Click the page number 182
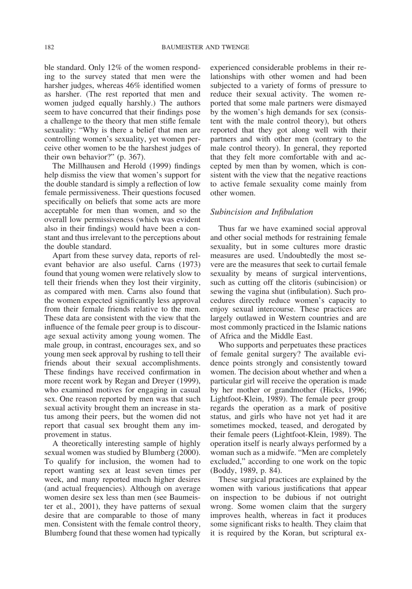tap(49, 47)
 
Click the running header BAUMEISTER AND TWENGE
tap(205, 47)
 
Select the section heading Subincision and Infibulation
tap(261, 212)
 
